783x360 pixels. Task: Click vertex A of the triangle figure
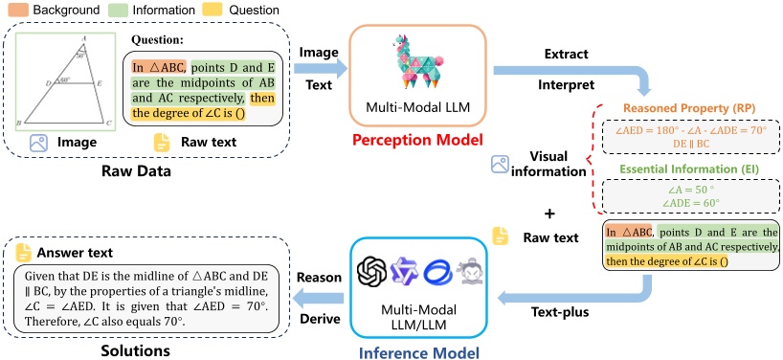(87, 38)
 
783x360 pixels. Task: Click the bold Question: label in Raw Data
(157, 42)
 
